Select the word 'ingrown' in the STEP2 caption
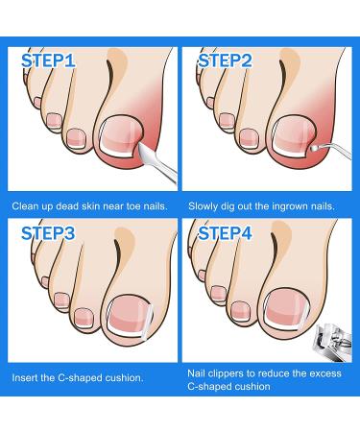292,205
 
